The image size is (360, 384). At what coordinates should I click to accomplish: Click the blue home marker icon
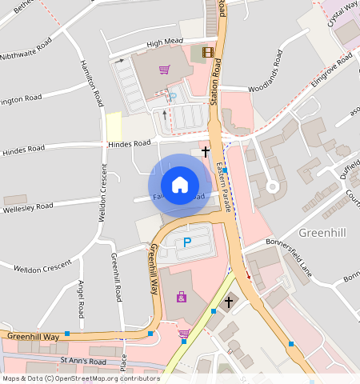click(x=180, y=185)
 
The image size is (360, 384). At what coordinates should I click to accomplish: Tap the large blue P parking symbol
click(x=188, y=242)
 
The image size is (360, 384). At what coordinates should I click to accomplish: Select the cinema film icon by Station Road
click(x=209, y=53)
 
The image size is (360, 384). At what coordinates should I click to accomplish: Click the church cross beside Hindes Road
click(x=206, y=150)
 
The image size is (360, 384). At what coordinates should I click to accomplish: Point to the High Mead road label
click(x=165, y=42)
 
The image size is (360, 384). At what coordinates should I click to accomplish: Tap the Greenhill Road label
click(x=117, y=277)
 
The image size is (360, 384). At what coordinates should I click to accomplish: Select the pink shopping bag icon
click(x=182, y=298)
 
